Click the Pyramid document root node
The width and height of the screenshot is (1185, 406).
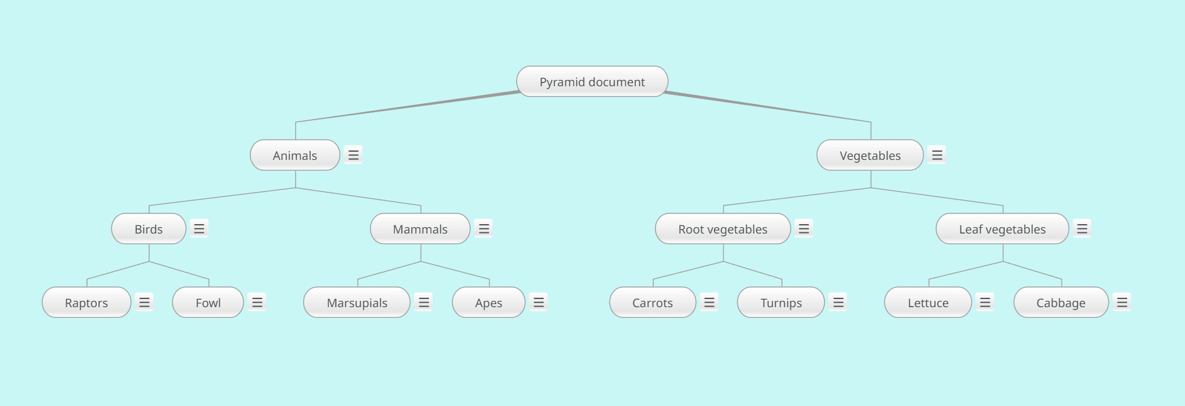[592, 81]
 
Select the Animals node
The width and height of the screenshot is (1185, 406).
[295, 155]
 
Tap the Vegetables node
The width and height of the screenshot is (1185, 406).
[870, 155]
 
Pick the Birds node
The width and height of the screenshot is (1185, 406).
[148, 228]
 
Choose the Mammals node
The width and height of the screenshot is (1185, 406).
[420, 228]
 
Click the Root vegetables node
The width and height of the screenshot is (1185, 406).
[723, 228]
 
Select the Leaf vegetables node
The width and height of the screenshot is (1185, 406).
[1002, 228]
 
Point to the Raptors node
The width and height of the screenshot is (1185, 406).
[86, 302]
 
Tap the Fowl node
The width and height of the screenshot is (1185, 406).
[208, 302]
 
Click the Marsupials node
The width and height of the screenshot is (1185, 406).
[357, 302]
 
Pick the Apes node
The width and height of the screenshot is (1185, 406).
[489, 302]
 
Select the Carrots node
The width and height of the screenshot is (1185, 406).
[652, 302]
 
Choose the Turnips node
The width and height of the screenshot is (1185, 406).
[781, 302]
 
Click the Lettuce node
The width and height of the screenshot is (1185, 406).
[928, 302]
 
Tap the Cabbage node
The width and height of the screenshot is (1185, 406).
[1060, 302]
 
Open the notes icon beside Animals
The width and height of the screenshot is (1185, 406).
[353, 155]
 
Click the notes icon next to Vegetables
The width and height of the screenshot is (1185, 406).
[937, 155]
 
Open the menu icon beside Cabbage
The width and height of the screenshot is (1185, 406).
[1122, 302]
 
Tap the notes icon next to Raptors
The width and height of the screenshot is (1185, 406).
[145, 302]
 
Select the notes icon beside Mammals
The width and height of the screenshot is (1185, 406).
[484, 228]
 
